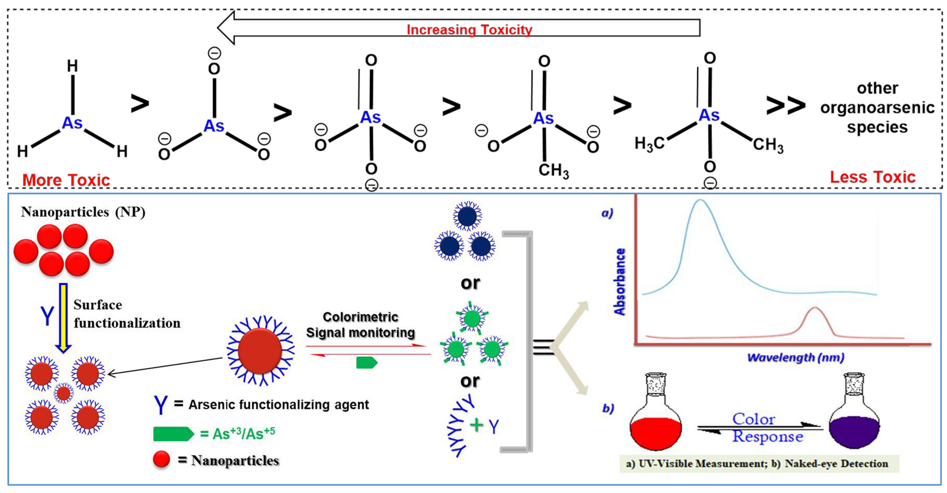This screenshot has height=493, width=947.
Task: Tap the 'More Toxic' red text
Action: coord(66,180)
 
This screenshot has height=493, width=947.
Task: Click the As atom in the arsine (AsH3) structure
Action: coord(72,123)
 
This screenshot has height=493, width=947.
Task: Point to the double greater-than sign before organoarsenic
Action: coord(785,106)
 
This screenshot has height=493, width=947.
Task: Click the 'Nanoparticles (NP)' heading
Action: coord(83,212)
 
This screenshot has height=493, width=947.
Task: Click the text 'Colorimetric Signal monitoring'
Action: coord(360,325)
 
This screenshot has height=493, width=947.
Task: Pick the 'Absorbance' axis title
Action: coord(620,282)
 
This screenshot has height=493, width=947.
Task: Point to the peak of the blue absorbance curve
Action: coord(700,200)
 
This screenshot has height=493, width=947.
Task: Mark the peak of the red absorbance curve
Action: coord(815,308)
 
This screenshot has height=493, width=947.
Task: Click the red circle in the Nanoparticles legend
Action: coord(161,460)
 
